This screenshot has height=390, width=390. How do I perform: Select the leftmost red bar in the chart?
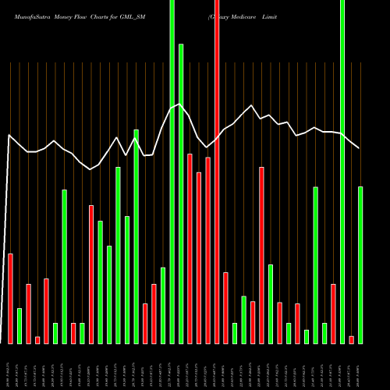10,299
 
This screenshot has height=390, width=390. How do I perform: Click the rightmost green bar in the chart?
360,265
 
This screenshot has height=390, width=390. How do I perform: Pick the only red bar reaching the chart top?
217,172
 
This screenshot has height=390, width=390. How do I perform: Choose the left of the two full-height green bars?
172,172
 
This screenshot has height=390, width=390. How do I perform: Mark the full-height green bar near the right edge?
342,172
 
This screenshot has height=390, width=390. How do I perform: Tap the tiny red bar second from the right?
351,339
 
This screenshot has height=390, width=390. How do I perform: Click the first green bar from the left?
19,326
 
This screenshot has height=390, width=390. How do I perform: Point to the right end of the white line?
360,148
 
